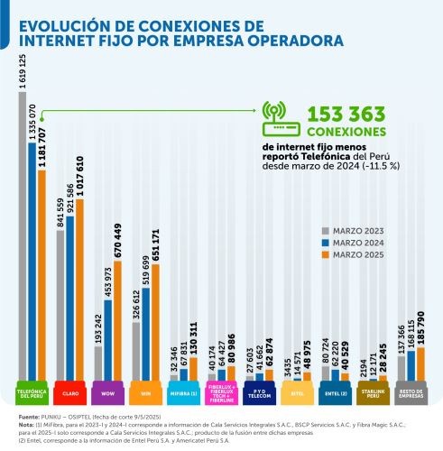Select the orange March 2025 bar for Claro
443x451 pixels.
[x=80, y=289]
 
